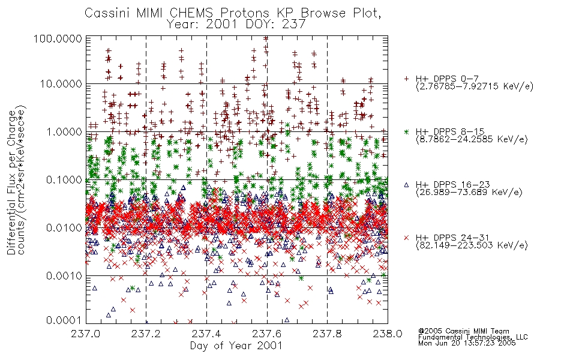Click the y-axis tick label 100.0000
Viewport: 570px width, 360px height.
click(x=58, y=38)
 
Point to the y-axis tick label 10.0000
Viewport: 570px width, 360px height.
click(x=61, y=84)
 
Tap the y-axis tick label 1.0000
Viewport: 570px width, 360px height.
click(x=64, y=131)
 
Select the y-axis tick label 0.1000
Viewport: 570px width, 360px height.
click(x=64, y=179)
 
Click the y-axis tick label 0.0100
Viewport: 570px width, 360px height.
click(x=64, y=228)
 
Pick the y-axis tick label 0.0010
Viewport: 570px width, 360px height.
click(x=64, y=276)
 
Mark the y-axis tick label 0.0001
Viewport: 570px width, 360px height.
click(x=64, y=320)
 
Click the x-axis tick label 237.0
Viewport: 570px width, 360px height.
click(x=86, y=334)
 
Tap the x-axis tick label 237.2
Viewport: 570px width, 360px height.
click(x=146, y=334)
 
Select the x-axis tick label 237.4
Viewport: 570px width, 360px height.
click(x=206, y=334)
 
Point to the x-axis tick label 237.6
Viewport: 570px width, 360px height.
click(x=267, y=334)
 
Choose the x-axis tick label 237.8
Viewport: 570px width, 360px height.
click(x=327, y=334)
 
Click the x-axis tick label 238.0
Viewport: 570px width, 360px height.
click(x=388, y=334)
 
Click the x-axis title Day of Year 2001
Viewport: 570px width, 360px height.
click(x=236, y=346)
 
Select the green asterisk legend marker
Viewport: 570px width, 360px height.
click(x=406, y=131)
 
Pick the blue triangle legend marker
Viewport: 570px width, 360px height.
click(x=406, y=185)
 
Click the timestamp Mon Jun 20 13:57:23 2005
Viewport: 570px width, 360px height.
click(x=467, y=343)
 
